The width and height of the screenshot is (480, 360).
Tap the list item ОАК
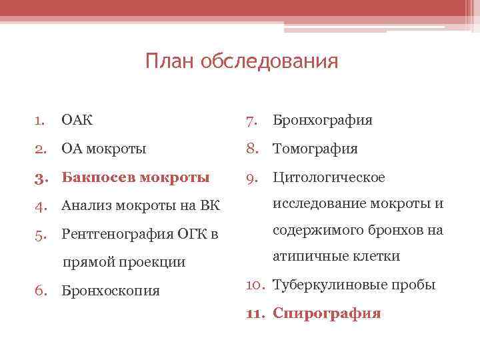click(x=77, y=121)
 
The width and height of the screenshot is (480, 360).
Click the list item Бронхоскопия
click(x=110, y=291)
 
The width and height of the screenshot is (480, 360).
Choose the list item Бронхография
click(x=323, y=121)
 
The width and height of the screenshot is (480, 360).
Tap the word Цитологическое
click(x=329, y=178)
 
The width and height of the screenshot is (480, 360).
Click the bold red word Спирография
click(x=327, y=313)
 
